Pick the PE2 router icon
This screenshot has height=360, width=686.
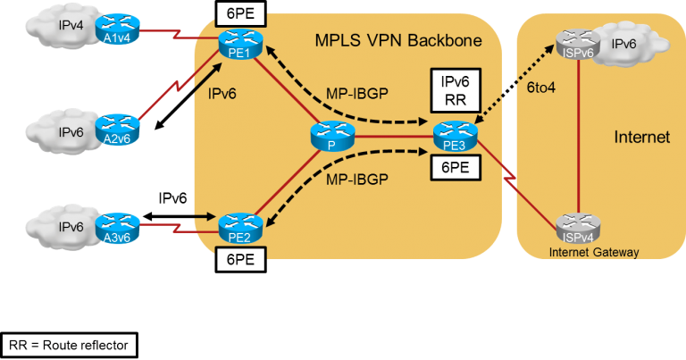pyautogui.click(x=238, y=222)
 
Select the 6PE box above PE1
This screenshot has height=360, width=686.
pyautogui.click(x=238, y=13)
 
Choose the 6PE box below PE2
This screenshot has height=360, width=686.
pyautogui.click(x=238, y=258)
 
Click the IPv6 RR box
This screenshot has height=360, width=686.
pyautogui.click(x=449, y=89)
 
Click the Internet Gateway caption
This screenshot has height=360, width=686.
pyautogui.click(x=582, y=253)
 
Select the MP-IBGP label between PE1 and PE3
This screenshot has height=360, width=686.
pyautogui.click(x=356, y=95)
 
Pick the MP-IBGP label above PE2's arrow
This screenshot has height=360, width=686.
pyautogui.click(x=356, y=179)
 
